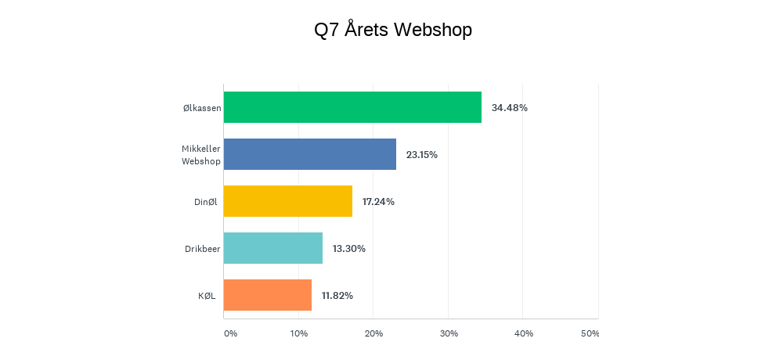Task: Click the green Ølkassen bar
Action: [x=352, y=107]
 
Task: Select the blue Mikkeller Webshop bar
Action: [x=309, y=154]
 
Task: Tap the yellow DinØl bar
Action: [x=287, y=201]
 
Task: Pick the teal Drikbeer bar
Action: [x=273, y=248]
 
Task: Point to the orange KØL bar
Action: [x=268, y=295]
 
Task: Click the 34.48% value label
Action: [x=510, y=108]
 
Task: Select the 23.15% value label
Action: [x=422, y=155]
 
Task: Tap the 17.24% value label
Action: [x=378, y=202]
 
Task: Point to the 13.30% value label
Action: [x=349, y=249]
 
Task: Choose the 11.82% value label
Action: [x=337, y=296]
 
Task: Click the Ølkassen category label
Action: [x=202, y=108]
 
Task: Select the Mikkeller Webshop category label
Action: [x=201, y=155]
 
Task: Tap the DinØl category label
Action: [x=207, y=202]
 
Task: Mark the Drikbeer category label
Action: [x=203, y=249]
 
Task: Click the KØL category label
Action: [x=207, y=296]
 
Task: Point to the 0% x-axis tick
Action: [x=230, y=333]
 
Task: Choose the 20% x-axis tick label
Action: [x=373, y=333]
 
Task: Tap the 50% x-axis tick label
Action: [x=590, y=333]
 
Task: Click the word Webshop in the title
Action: [x=432, y=30]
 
